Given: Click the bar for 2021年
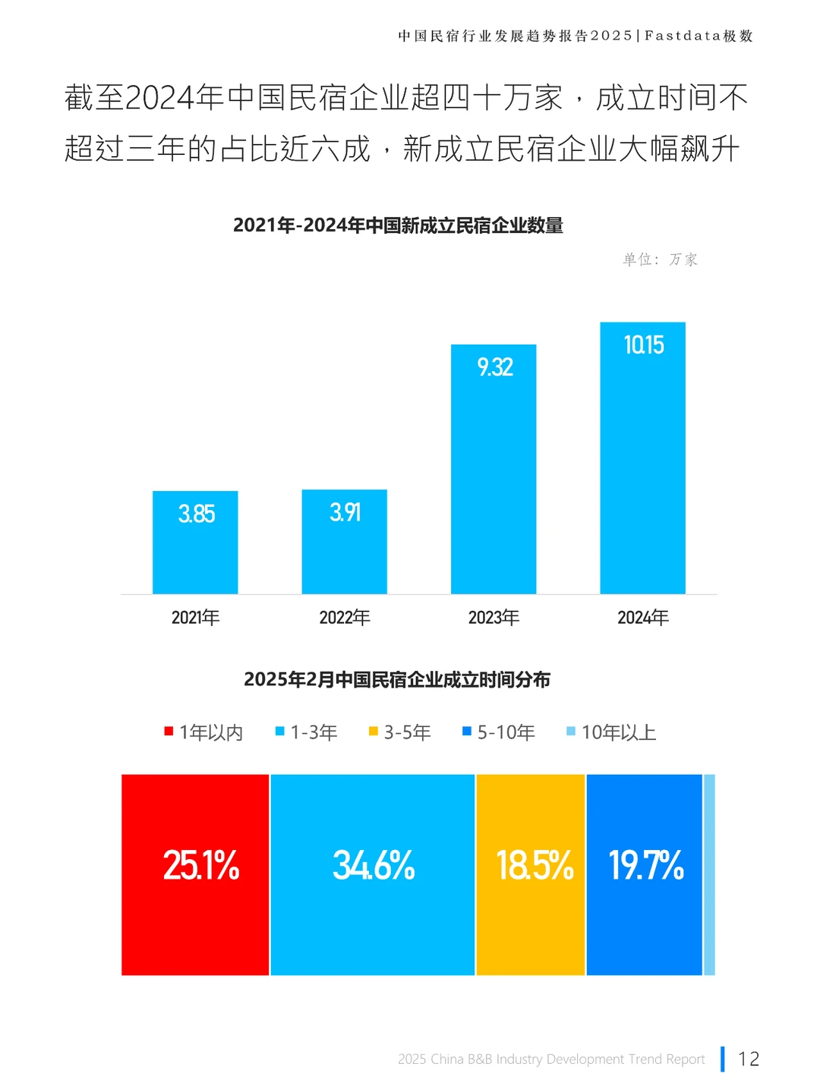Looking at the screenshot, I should (195, 542).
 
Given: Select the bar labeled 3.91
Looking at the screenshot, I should (344, 541).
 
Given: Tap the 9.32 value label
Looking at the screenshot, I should (494, 367).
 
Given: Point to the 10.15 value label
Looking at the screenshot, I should (643, 345).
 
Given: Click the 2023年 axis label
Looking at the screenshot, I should (494, 618).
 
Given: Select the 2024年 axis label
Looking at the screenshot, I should (643, 618).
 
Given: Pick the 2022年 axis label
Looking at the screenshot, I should (345, 618).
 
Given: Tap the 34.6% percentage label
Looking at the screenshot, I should (374, 865).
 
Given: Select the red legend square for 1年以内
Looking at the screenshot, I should (169, 732).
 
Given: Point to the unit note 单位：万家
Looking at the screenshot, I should (660, 260).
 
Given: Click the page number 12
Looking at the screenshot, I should (749, 1059).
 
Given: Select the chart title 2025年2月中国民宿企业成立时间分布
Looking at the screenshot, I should (397, 679).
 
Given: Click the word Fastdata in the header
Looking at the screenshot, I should (683, 36).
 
